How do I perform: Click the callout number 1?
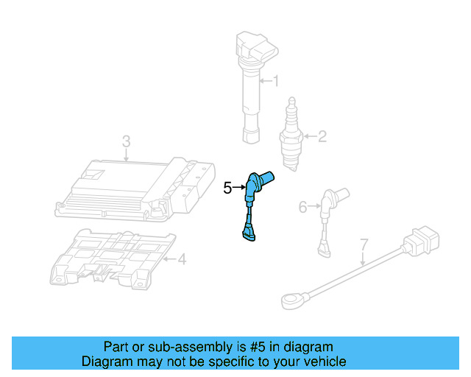[276, 81]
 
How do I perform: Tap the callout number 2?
[322, 135]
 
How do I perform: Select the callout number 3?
[126, 140]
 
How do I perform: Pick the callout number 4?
[182, 259]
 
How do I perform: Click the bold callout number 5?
[228, 188]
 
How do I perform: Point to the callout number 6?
[302, 208]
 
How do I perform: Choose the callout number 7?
[363, 244]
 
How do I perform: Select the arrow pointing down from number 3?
[126, 154]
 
